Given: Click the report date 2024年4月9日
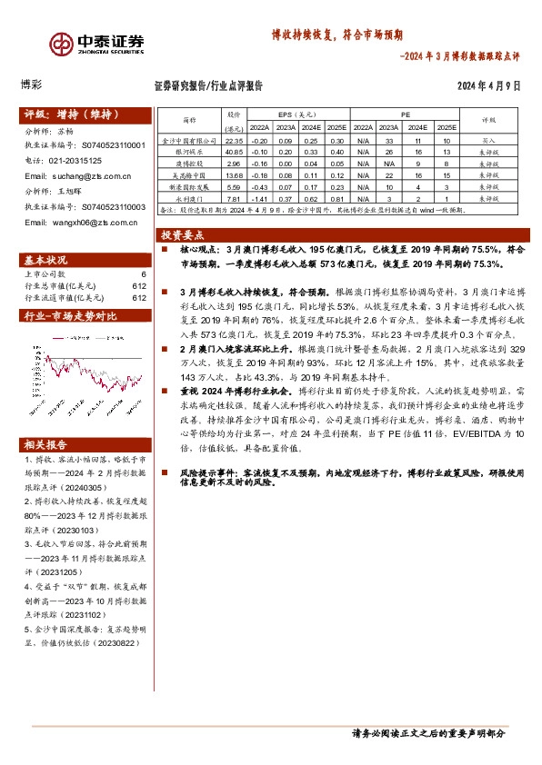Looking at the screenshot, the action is coord(487,87).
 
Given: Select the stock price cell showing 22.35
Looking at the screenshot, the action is coord(234,142).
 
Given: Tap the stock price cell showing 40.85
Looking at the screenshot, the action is coord(234,153).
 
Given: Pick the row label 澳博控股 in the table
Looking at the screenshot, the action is coord(188,164).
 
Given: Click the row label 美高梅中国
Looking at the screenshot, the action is coord(188,174).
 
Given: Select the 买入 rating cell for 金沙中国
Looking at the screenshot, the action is coord(488,142).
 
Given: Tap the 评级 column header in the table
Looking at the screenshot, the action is coord(488,120).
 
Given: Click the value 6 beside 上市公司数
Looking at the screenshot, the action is coord(143,273).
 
